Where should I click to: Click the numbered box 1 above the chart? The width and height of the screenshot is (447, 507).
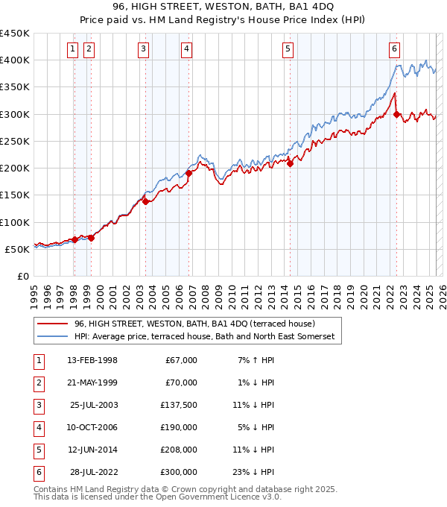[73, 50]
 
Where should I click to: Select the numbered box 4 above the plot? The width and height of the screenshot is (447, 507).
[186, 50]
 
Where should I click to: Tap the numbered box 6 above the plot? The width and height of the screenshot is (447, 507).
[394, 50]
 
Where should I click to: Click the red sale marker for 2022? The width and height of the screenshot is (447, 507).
[397, 114]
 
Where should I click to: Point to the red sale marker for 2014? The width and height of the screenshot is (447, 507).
[291, 164]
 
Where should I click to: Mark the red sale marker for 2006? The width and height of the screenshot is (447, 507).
[189, 174]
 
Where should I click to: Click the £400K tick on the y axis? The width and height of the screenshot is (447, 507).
[15, 60]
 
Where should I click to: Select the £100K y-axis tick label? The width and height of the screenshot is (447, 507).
[15, 222]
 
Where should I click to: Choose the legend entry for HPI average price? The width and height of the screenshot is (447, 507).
[205, 337]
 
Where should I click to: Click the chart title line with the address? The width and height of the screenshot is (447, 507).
[223, 7]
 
